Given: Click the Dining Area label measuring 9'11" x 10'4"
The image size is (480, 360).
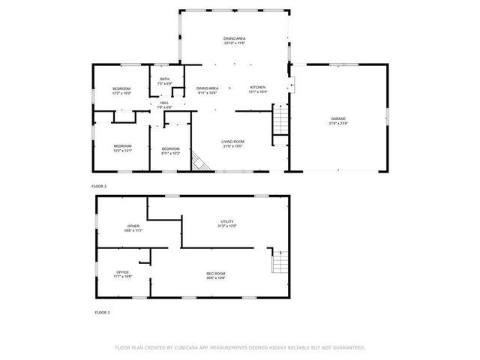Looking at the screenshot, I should (x=207, y=89).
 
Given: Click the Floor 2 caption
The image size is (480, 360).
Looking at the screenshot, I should (x=100, y=185).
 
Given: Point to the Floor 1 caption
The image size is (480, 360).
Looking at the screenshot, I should (x=102, y=311).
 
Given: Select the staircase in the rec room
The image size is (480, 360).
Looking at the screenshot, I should (x=279, y=262).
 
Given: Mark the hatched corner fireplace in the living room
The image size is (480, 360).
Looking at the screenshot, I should (x=199, y=162).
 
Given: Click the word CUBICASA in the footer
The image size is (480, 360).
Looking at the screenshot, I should (x=193, y=347).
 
